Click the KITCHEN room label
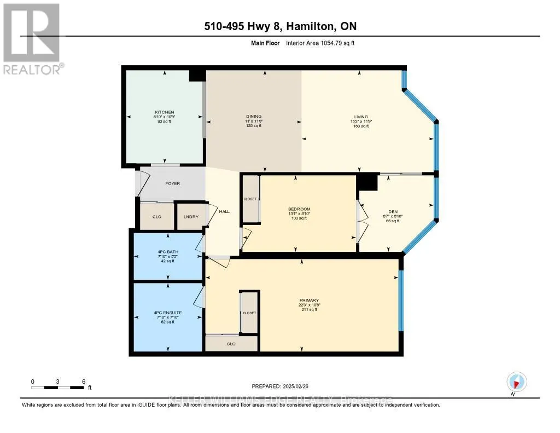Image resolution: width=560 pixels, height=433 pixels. (164, 112)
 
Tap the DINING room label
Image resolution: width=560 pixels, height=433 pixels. (254, 117)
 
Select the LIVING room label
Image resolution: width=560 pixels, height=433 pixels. (361, 117)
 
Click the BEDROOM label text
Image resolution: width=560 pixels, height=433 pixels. (299, 209)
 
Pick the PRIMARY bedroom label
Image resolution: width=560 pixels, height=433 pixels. (309, 300)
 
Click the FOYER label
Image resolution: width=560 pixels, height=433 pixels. (173, 184)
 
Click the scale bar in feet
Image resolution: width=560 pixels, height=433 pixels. (58, 388)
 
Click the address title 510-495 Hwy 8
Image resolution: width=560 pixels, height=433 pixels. (279, 26)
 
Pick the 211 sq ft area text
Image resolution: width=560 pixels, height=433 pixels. (309, 309)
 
